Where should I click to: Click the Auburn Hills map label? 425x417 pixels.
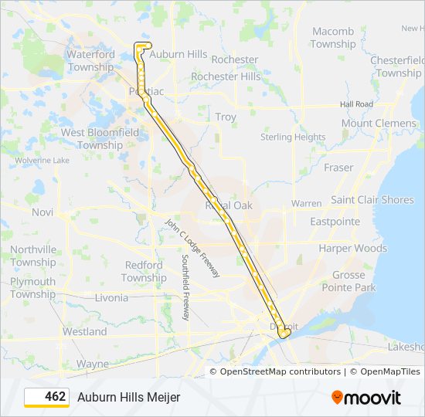(x=178, y=55)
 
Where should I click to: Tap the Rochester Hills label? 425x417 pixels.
(x=226, y=76)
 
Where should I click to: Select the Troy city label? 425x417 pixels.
(x=226, y=117)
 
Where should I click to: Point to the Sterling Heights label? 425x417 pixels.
(x=293, y=137)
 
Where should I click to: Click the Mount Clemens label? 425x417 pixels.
(x=379, y=124)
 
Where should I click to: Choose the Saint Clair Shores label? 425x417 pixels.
(x=372, y=200)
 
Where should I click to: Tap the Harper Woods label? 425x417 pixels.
(x=352, y=249)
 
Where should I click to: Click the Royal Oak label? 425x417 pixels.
(x=229, y=206)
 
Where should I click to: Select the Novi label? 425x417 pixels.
(x=42, y=212)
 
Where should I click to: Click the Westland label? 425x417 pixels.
(x=85, y=332)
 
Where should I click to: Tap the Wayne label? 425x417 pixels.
(x=93, y=364)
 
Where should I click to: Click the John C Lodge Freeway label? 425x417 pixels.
(x=193, y=248)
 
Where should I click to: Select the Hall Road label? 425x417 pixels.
(x=356, y=104)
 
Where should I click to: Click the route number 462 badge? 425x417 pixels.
(x=47, y=397)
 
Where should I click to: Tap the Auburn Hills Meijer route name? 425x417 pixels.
(x=128, y=397)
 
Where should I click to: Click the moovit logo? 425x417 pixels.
(x=366, y=398)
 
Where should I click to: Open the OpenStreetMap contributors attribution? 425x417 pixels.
(x=280, y=371)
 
